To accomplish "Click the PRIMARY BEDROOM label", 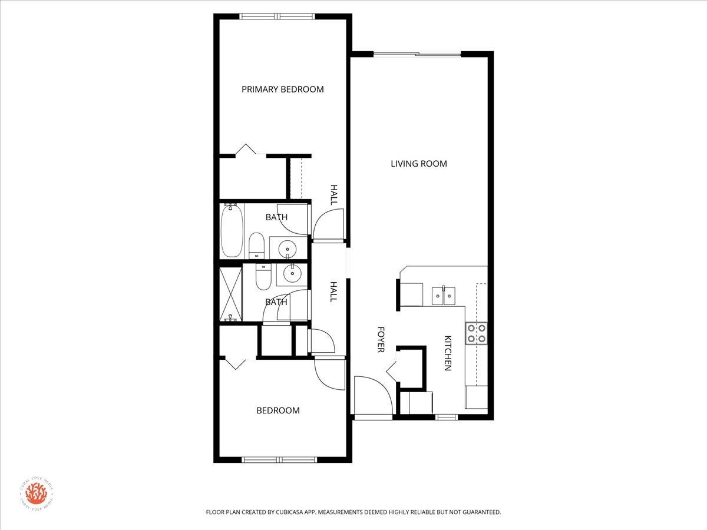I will (283, 90).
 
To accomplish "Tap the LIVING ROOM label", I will (419, 164).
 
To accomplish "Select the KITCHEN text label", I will (448, 353).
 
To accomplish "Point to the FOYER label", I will (381, 340).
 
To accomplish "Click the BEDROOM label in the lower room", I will (278, 410).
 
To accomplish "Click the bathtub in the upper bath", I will (231, 231).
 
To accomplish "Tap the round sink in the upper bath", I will (288, 248).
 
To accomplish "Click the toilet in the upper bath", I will (256, 245).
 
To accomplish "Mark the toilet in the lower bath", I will (263, 277).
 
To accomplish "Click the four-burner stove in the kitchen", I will (476, 333).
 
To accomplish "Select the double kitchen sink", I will (445, 295).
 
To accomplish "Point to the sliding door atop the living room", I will (417, 55).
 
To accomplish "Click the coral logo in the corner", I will (35, 492).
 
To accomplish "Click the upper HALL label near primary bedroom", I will (334, 195).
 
